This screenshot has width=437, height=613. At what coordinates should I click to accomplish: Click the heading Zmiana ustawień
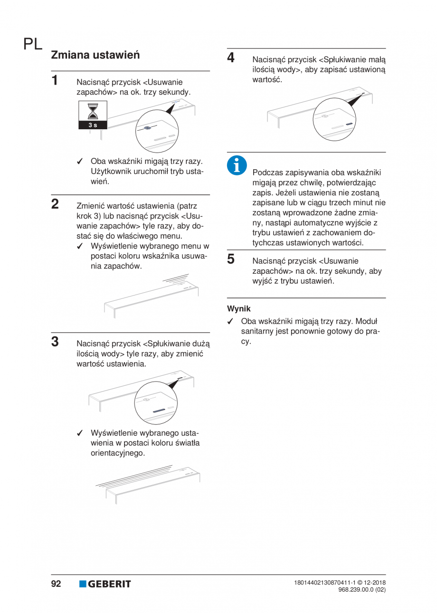coord(95,55)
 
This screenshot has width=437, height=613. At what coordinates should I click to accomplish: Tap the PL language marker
coord(33,44)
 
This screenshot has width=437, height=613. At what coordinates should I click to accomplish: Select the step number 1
coord(55,80)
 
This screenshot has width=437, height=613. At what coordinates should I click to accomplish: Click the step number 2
coord(55,204)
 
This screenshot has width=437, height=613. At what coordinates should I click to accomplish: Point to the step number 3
coord(55,342)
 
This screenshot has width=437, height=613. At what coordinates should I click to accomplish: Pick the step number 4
coord(231,57)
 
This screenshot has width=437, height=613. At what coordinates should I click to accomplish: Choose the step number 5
coord(231,259)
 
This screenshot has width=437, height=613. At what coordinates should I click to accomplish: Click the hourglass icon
coord(93,111)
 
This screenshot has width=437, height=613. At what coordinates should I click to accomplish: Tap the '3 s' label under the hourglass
coord(93,125)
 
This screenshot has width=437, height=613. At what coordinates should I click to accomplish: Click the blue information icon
coord(237,165)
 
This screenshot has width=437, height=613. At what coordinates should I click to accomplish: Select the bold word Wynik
coord(239,309)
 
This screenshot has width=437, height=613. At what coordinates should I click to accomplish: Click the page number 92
coord(56,584)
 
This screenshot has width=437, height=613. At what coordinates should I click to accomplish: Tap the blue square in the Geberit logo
coord(83,584)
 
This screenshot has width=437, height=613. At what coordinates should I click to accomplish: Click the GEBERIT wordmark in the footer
coord(109,584)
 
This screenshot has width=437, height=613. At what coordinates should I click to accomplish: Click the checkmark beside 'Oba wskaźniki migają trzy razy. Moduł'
coord(230,322)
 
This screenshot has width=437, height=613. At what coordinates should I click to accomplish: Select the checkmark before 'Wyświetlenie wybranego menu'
coord(80,247)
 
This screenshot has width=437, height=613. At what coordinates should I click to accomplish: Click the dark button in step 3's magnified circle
coord(159,410)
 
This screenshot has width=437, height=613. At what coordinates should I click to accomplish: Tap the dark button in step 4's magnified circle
coord(349,124)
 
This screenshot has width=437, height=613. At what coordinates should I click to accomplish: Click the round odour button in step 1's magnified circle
coord(147,128)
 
